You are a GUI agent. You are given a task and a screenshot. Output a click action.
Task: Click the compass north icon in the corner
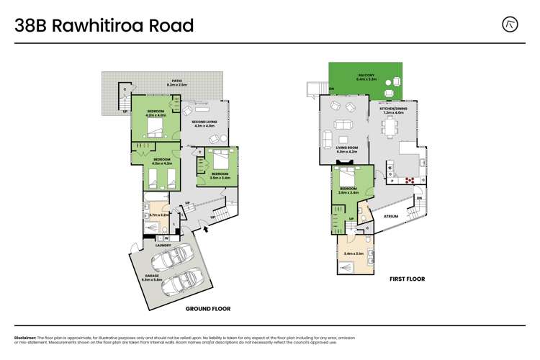click(x=510, y=24)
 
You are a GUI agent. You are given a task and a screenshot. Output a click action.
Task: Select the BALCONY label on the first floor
click(x=366, y=76)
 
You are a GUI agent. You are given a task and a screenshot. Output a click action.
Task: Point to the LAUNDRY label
click(x=163, y=246)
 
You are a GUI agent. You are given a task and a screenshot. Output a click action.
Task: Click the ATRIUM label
click(x=390, y=216)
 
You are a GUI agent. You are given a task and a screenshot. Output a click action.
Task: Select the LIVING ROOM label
click(x=347, y=149)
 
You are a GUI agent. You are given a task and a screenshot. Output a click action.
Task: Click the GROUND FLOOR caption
click(x=207, y=308)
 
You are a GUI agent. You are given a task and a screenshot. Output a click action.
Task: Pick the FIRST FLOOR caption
click(x=407, y=279)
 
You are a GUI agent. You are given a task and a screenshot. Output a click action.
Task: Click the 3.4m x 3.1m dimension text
click(x=354, y=253)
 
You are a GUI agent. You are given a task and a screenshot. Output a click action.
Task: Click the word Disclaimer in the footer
click(x=30, y=337)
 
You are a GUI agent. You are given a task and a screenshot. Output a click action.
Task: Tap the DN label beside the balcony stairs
click(x=330, y=89)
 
